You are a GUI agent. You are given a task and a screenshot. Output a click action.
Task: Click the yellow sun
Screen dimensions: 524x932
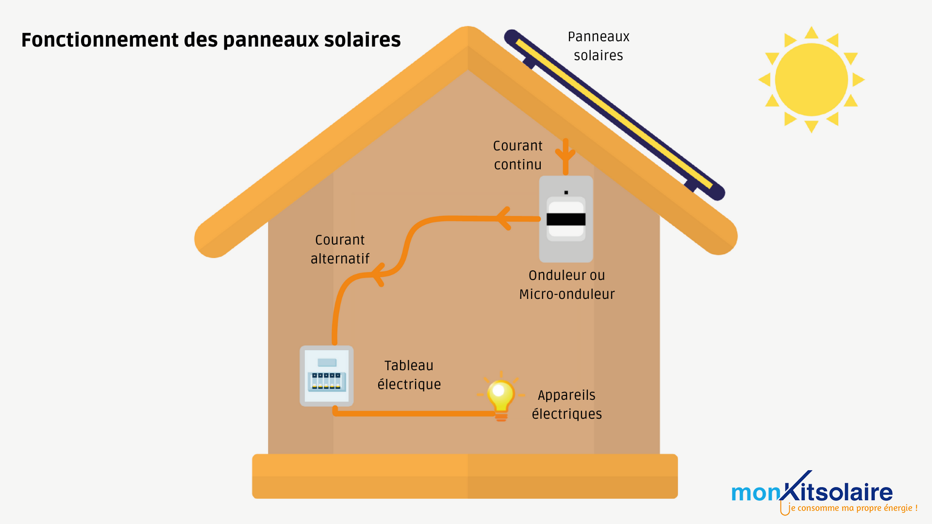pos(811,80)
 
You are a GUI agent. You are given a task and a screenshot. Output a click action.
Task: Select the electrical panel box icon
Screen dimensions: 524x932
pos(326,376)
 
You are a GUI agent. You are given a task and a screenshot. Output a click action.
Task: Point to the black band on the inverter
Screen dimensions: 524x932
pos(566,219)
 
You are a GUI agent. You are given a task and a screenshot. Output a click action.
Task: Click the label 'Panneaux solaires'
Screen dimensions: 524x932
pos(598,46)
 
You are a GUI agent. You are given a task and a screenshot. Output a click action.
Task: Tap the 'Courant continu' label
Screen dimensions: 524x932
pos(517,155)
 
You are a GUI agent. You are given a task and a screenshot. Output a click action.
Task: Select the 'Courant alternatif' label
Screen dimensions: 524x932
pos(340,249)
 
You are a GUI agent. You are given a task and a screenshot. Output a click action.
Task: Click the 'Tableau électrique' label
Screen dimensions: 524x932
pos(409,375)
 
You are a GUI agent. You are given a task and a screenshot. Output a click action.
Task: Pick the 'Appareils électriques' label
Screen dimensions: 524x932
pos(566,405)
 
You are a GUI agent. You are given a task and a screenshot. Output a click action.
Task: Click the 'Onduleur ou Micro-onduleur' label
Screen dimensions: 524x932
pos(566,285)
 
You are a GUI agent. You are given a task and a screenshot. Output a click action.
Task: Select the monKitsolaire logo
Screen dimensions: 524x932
pos(812,491)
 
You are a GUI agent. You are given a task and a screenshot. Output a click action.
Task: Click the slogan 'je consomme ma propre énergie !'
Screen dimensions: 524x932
pos(853,508)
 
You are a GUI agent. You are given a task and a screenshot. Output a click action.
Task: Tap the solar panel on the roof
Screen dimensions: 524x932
pos(614,114)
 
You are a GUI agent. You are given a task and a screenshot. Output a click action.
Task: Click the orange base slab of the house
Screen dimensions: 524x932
pos(465,476)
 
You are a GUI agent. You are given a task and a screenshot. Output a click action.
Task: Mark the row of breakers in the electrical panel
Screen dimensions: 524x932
pos(326,381)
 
